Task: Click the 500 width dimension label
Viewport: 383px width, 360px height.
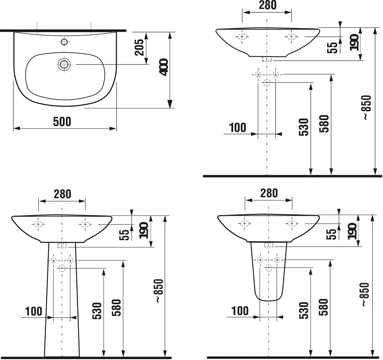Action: [62, 122]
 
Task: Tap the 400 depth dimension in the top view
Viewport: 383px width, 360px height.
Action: [163, 67]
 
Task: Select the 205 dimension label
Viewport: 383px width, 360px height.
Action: [140, 48]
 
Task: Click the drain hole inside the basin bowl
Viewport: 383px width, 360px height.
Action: [64, 65]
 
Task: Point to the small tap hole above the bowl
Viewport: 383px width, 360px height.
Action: [64, 42]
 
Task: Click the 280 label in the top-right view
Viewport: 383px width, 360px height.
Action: [268, 5]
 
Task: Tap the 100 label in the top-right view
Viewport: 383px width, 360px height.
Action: [237, 128]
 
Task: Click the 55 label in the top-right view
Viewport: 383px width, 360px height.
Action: [332, 48]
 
